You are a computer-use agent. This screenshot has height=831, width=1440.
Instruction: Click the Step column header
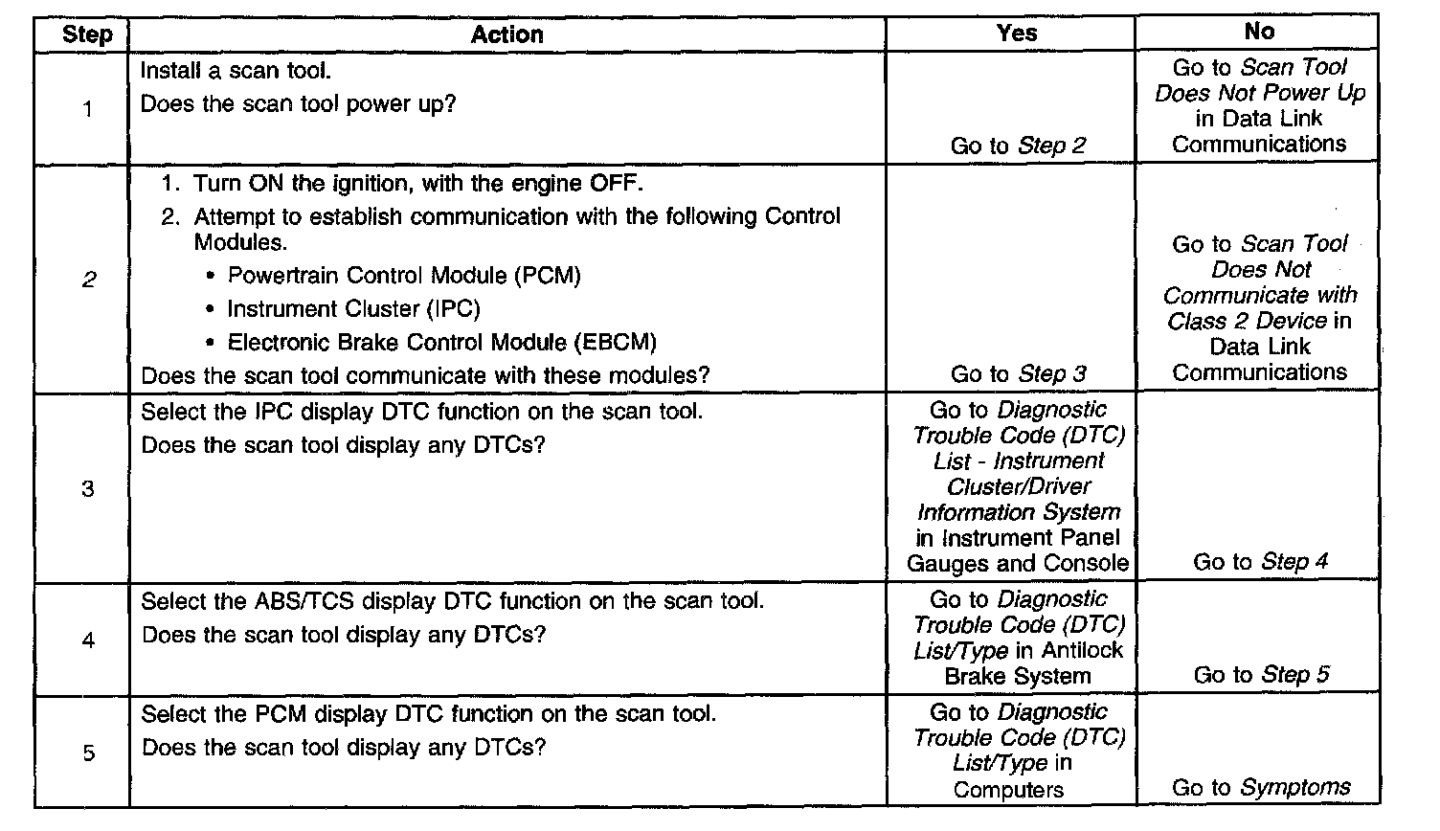86,35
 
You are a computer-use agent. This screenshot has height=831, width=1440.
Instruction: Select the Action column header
506,35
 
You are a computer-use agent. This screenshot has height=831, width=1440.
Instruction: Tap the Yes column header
1016,34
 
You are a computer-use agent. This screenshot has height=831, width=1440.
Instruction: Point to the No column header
1259,32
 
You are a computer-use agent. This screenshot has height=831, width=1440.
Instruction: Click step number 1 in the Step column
87,109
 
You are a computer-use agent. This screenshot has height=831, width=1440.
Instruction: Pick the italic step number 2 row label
88,281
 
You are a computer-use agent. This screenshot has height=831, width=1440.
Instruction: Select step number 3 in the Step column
87,489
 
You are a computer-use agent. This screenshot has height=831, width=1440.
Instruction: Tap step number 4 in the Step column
88,640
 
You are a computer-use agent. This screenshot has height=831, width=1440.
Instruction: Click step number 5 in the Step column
88,752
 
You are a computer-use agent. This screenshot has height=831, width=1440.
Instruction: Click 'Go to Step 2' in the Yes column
1018,146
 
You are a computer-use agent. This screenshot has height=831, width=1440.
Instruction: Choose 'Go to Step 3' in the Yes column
1018,374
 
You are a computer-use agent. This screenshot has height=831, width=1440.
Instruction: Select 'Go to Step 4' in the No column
1260,562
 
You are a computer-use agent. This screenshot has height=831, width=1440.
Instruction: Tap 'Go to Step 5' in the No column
1261,675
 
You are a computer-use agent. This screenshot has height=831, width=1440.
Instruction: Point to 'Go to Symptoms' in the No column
1261,788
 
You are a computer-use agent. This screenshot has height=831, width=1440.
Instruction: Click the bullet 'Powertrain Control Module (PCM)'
403,276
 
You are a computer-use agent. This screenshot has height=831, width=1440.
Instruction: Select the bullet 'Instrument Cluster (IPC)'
352,309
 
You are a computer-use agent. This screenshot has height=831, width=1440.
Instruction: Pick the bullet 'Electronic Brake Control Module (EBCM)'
441,343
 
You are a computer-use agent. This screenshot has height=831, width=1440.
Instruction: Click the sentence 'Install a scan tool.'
236,71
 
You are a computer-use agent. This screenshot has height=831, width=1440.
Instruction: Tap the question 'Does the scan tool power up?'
298,104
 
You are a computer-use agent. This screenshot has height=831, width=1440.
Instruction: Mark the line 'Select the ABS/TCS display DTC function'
452,601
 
